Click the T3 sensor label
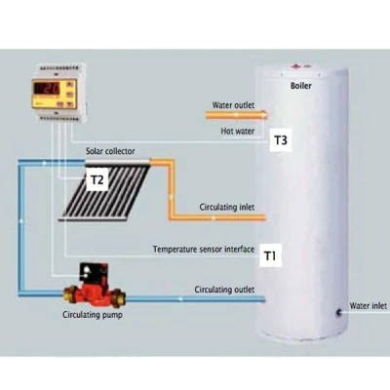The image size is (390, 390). pos(281,140)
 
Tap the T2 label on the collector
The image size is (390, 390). pos(97,179)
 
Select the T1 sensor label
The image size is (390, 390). pos(270,255)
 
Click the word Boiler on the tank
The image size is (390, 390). pos(300,86)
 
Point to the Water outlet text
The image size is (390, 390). pos(233,105)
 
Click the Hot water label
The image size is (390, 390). pos(238,131)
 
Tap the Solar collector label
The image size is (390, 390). pos(110,151)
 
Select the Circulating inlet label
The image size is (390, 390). pos(227,207)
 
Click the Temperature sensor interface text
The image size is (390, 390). pos(204,250)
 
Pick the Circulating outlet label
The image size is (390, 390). pos(224,290)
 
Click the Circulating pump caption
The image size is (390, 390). pos(93,315)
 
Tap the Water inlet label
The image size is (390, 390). pos(369,306)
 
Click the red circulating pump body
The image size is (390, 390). pos(96,292)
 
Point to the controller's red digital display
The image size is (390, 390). pos(48,89)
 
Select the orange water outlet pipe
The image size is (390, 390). pos(236,115)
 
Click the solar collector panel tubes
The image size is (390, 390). pos(105,191)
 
